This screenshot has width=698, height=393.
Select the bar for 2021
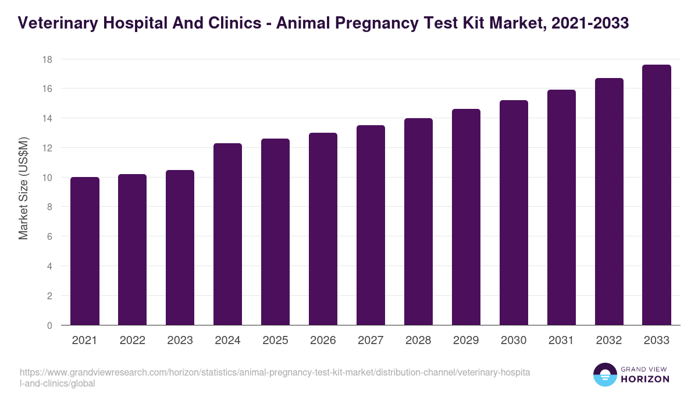pos(85,251)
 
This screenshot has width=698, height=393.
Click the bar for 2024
pos(227,234)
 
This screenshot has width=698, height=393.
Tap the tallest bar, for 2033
pos(657,195)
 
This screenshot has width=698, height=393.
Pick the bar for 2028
pos(418,222)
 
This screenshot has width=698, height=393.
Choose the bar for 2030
pos(514,213)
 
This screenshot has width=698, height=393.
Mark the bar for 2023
pos(180,247)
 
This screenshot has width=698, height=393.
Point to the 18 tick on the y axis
pos(47,59)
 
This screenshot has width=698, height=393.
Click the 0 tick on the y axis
pos(50,325)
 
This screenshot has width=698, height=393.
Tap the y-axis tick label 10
pos(47,178)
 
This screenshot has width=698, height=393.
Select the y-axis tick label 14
pos(47,118)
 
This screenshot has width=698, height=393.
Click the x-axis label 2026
pos(323,341)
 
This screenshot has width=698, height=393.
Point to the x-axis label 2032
pos(609,341)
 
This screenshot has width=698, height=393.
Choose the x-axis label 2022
pos(132,341)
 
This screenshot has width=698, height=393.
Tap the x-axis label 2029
pos(466,341)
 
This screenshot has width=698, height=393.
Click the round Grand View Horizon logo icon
pos(604,375)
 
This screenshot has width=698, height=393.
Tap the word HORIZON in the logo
pos(646,379)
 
